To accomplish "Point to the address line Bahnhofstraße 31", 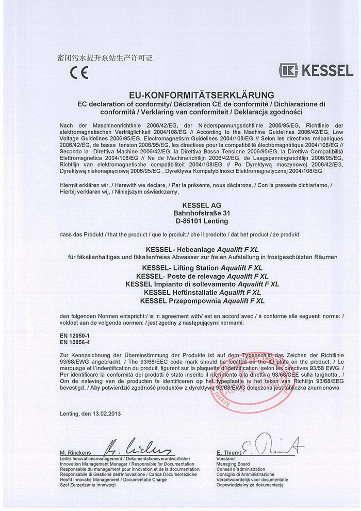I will tap(180, 214).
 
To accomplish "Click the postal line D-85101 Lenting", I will tap(180, 221).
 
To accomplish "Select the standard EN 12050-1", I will tap(72, 336).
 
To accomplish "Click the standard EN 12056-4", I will tap(72, 342).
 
